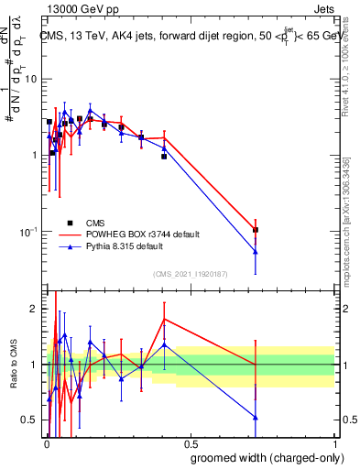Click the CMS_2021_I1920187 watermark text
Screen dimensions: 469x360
click(191, 272)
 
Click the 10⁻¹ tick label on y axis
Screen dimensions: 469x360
click(29, 232)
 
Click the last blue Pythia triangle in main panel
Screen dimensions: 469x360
click(256, 252)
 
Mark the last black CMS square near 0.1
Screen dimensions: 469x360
click(256, 230)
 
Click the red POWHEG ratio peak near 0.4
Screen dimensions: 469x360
click(164, 320)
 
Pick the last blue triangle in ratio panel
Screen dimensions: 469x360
click(256, 418)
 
